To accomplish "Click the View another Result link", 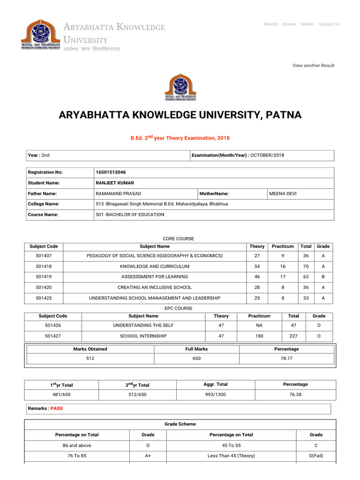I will click(313, 65).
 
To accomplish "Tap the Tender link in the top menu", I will click(307, 24).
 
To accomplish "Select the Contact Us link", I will click(329, 24).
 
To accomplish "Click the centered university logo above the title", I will click(180, 87).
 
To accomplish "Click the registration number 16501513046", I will click(111, 172).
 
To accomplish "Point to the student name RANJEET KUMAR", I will click(114, 183).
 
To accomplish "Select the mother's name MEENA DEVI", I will click(283, 194).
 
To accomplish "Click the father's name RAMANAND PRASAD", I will click(118, 194).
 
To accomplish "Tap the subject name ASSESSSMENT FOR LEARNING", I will click(155, 277).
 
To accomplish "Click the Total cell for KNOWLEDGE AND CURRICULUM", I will click(306, 266).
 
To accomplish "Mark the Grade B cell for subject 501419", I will click(323, 277).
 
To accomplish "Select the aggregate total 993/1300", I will click(216, 395).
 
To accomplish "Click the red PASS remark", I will click(56, 408).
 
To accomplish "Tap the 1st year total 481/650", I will click(61, 395).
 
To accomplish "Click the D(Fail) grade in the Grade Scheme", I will click(316, 456).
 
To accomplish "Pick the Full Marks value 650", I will click(196, 359).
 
